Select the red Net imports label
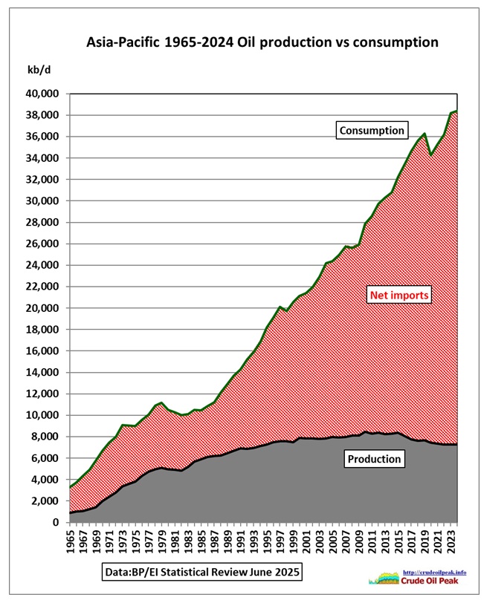tap(401, 296)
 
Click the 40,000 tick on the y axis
tap(42, 94)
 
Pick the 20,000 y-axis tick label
tap(42, 308)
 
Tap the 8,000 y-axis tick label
tap(45, 437)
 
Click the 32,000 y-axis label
tap(42, 180)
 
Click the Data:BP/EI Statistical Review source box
tap(202, 573)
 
